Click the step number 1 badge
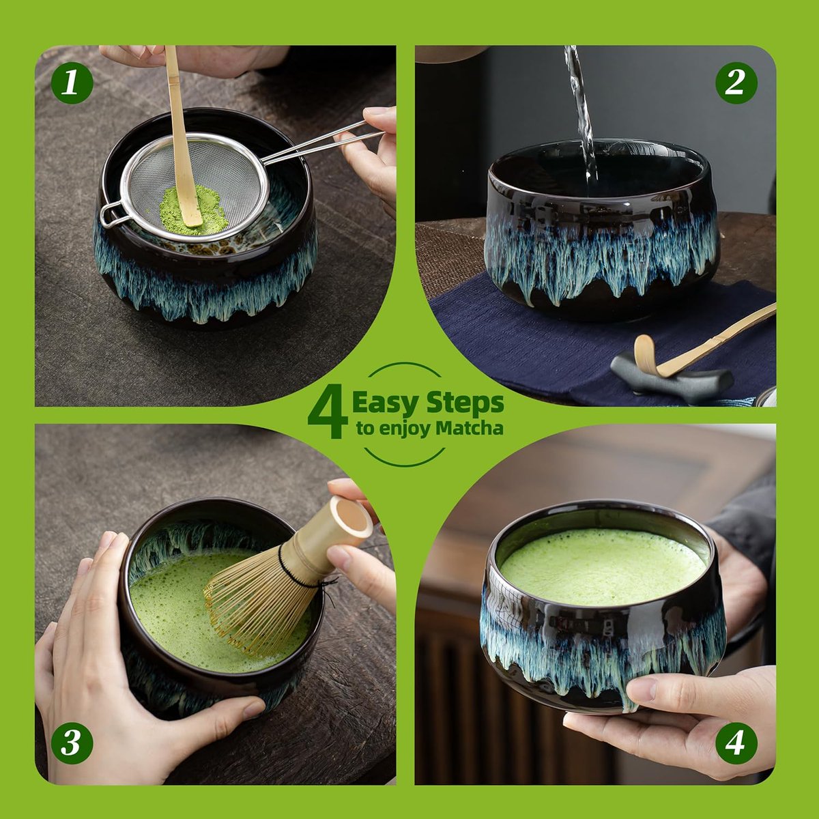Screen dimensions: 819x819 click(x=72, y=82)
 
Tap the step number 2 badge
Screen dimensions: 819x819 click(x=736, y=83)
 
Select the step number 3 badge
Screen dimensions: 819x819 click(x=72, y=743)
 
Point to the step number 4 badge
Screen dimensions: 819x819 click(x=736, y=743)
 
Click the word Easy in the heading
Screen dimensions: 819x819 click(x=386, y=404)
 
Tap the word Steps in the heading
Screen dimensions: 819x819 click(x=465, y=404)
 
